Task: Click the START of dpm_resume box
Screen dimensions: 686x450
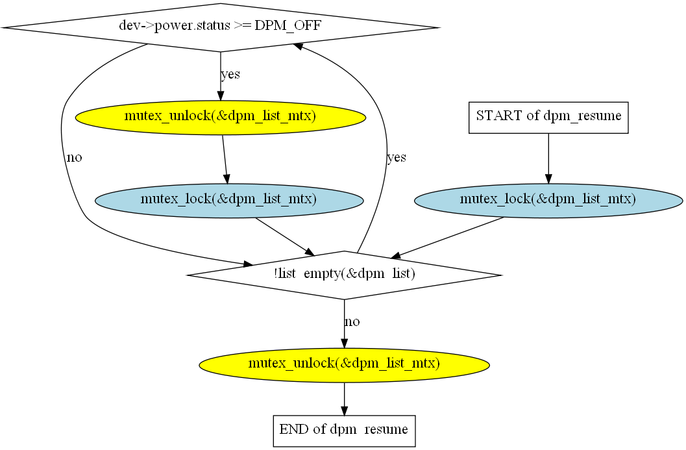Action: click(x=548, y=118)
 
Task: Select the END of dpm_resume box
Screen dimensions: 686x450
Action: click(x=345, y=431)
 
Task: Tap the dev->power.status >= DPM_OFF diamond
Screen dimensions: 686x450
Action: click(x=221, y=27)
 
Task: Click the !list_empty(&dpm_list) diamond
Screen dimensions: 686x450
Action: click(x=345, y=275)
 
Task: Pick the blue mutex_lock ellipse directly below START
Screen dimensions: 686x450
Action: click(x=548, y=201)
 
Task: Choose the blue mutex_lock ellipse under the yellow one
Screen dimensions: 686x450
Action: click(x=229, y=201)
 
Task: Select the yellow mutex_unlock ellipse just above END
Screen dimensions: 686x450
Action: click(x=345, y=365)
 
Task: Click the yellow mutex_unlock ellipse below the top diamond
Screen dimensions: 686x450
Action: click(x=221, y=118)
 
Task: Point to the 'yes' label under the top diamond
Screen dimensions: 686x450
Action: click(x=230, y=75)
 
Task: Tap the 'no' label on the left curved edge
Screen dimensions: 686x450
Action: click(x=75, y=158)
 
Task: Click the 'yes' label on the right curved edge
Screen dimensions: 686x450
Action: click(x=397, y=158)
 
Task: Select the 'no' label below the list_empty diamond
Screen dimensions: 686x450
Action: click(x=352, y=321)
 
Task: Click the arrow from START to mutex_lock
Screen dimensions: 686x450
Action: click(x=548, y=158)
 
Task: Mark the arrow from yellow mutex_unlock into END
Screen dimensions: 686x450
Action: click(x=345, y=399)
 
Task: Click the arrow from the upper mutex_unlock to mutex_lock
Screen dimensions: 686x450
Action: click(x=225, y=159)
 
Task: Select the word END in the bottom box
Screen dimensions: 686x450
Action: click(x=294, y=429)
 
